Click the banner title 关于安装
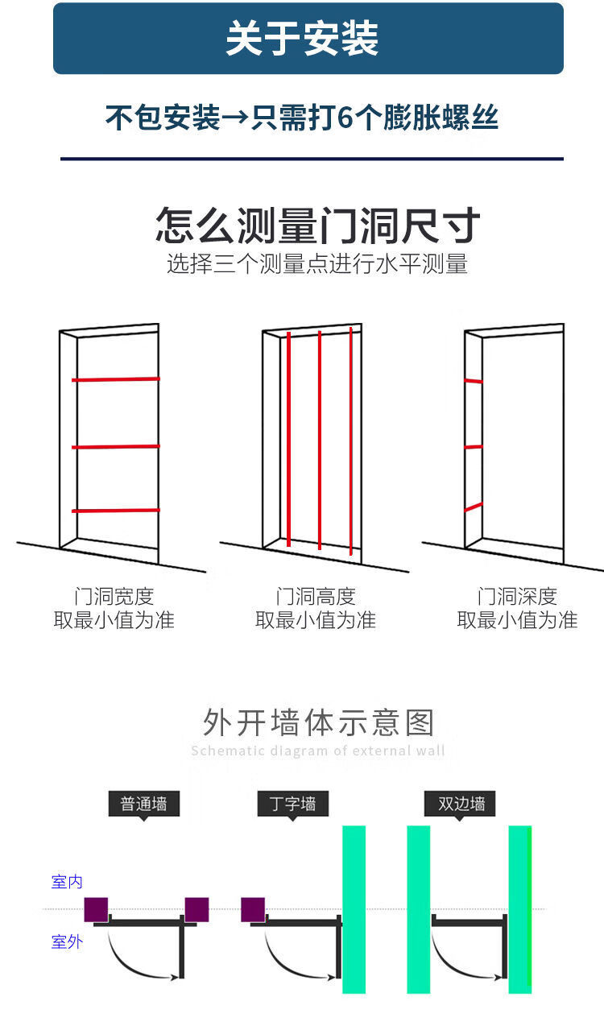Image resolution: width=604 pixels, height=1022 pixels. (x=302, y=39)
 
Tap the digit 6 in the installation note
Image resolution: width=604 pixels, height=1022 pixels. (x=345, y=118)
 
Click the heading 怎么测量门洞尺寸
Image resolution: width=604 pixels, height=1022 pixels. (x=318, y=226)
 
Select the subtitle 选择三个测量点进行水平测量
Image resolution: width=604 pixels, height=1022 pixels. (x=317, y=263)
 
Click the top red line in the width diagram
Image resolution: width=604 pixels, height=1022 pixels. (x=115, y=379)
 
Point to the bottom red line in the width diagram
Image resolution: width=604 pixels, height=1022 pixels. (x=115, y=510)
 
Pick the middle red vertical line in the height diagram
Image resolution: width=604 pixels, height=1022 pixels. (x=320, y=439)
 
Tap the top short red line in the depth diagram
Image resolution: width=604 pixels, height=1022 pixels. (x=474, y=380)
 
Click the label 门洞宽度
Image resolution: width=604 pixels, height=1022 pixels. (x=114, y=597)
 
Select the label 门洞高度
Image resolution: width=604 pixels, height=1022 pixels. (x=316, y=597)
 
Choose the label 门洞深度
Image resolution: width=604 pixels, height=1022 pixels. (x=517, y=597)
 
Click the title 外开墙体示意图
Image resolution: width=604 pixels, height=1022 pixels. (x=318, y=722)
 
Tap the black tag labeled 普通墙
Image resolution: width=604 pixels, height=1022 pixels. (x=143, y=804)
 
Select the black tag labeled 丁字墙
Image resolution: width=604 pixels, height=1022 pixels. (x=292, y=804)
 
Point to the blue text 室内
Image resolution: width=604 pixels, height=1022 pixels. (x=67, y=882)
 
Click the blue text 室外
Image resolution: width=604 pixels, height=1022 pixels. (x=67, y=941)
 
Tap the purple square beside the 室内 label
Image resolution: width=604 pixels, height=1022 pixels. (x=97, y=909)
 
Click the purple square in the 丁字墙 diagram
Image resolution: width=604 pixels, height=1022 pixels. (x=253, y=909)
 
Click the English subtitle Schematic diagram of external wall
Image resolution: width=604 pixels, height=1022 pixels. (x=318, y=751)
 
